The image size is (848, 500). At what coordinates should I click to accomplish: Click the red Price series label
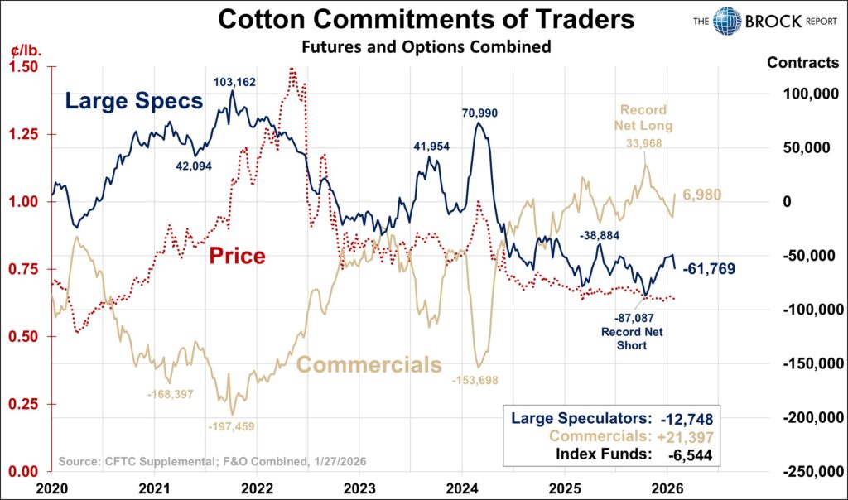[x=237, y=256]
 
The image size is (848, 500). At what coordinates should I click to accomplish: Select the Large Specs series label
[x=133, y=102]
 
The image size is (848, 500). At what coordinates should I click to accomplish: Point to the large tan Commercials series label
[x=369, y=365]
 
